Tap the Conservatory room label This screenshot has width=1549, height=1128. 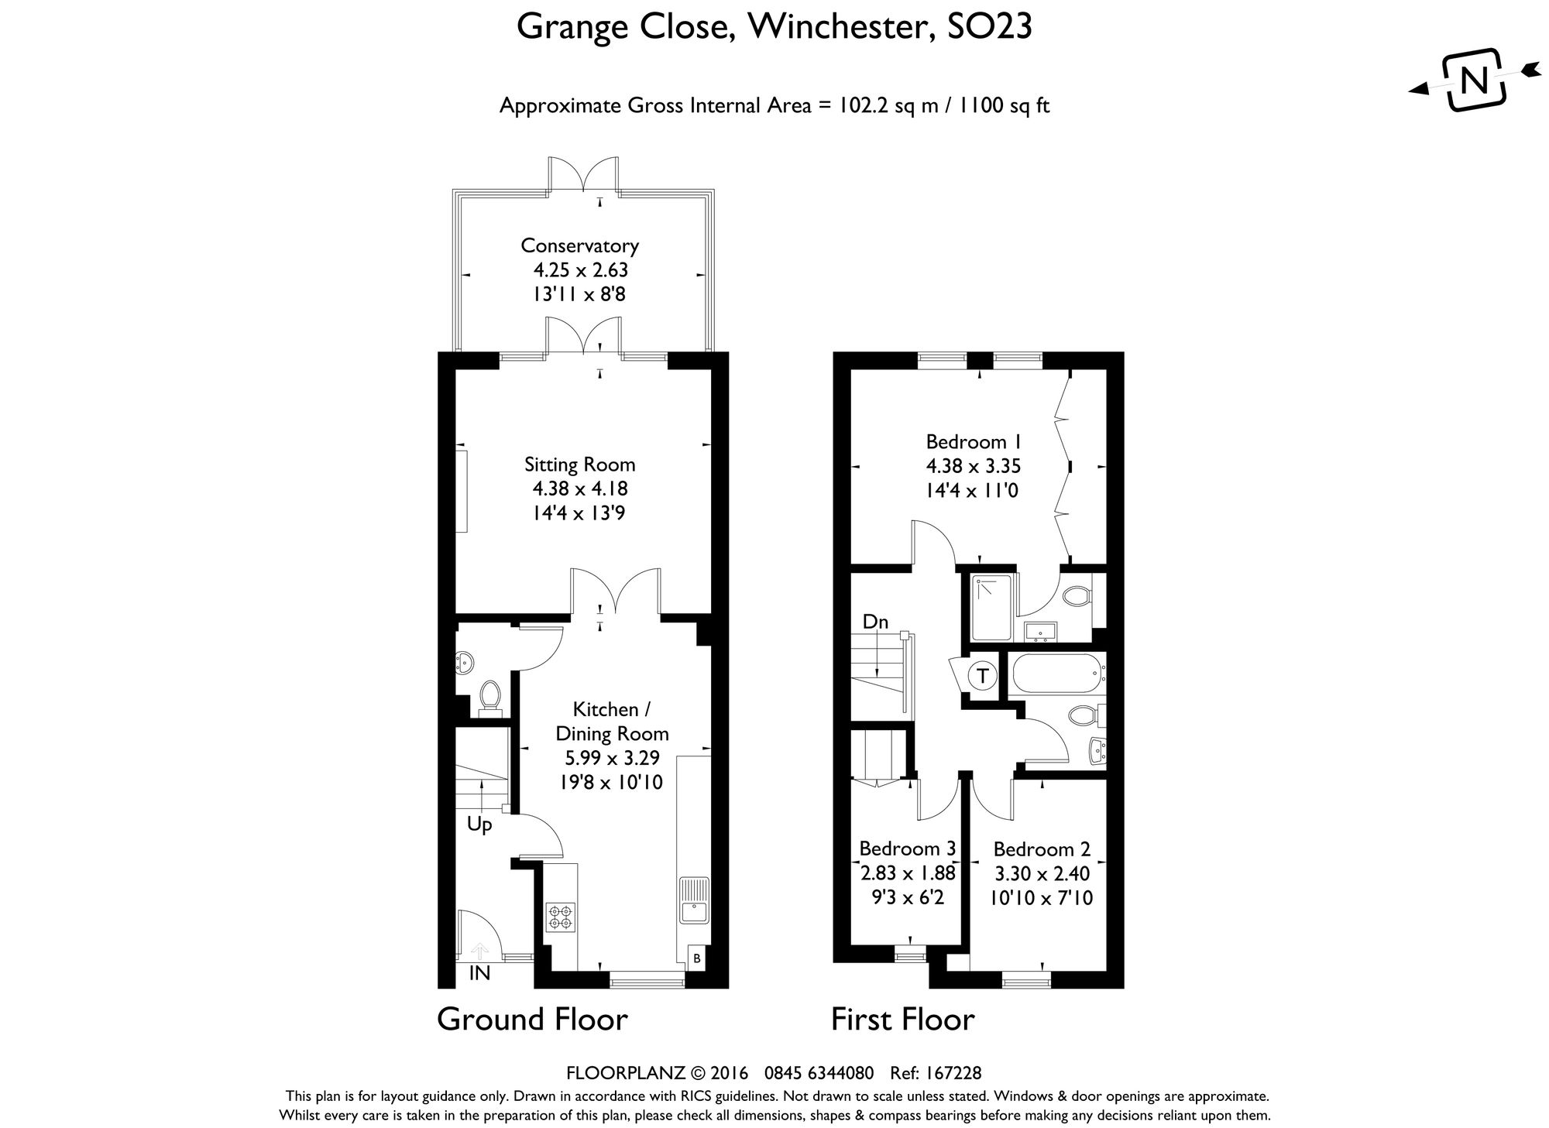pyautogui.click(x=579, y=245)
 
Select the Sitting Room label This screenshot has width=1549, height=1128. pyautogui.click(x=579, y=465)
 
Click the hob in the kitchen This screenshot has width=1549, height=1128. pyautogui.click(x=561, y=917)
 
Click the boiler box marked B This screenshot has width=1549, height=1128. pyautogui.click(x=696, y=959)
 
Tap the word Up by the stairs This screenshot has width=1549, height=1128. pyautogui.click(x=479, y=825)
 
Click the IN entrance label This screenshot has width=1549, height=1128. pyautogui.click(x=479, y=974)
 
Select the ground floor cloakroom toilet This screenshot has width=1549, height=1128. pyautogui.click(x=489, y=694)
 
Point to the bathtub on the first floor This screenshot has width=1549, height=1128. pyautogui.click(x=1055, y=674)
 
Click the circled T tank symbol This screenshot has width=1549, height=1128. pyautogui.click(x=983, y=675)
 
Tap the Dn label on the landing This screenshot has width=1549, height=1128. pyautogui.click(x=875, y=622)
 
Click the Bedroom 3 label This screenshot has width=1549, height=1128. pyautogui.click(x=907, y=849)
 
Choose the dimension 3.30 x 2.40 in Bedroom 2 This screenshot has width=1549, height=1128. pyautogui.click(x=1042, y=874)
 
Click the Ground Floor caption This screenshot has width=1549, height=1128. pyautogui.click(x=532, y=1020)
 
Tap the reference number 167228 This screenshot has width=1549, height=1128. pyautogui.click(x=953, y=1073)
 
